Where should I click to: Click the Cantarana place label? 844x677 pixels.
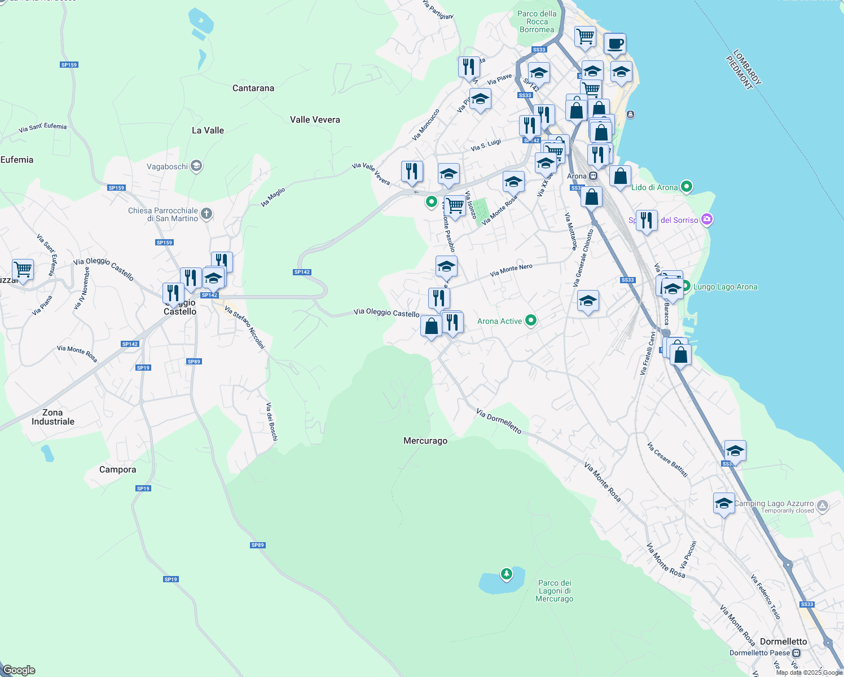coord(253,88)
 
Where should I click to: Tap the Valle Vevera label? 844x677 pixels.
coord(315,120)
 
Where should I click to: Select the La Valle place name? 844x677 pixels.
coord(208,130)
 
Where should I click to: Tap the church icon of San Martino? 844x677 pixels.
coord(206,213)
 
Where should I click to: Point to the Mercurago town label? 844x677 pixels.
coord(425,441)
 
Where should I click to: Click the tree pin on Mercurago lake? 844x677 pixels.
coord(507,574)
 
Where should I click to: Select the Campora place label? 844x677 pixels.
coord(117,469)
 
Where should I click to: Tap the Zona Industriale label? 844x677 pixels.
coord(53,417)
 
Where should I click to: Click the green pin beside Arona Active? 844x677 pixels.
coord(531,320)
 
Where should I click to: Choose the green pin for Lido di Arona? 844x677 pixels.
coord(687,186)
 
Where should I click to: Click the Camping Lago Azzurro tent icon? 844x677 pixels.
coord(823,506)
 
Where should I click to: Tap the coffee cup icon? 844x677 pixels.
coord(615,43)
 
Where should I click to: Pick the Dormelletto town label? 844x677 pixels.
coord(783,641)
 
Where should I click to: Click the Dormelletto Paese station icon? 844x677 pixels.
coord(796,653)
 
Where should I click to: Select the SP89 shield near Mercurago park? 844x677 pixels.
coord(257,545)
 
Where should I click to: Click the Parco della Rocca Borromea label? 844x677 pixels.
coord(537,21)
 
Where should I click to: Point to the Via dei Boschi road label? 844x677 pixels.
coord(272,421)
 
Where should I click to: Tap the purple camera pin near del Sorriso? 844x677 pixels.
coord(707,219)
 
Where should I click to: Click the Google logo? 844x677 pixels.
coord(19,670)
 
